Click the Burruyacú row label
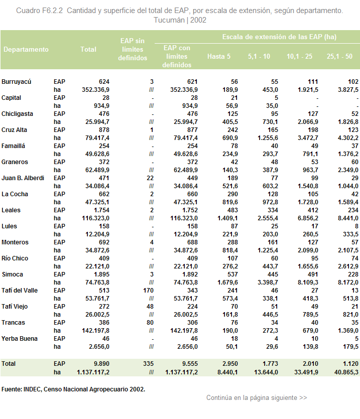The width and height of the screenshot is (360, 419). tap(16, 82)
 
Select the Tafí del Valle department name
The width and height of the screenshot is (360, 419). tap(20, 291)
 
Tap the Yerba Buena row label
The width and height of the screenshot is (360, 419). tap(20, 339)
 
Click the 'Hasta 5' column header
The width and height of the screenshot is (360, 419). tap(219, 56)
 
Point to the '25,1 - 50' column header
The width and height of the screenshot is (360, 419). tap(339, 56)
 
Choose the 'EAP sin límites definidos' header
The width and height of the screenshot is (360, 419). tap(133, 49)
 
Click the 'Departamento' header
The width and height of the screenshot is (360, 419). tap(26, 50)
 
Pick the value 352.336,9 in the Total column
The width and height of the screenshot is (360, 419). tap(95, 90)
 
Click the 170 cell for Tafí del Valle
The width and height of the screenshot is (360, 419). tap(148, 291)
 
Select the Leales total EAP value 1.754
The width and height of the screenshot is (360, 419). tap(101, 210)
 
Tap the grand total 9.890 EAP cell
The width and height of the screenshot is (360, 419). tap(101, 364)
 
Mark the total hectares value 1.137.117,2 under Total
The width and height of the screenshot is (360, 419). tap(93, 372)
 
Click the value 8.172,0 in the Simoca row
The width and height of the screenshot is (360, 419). tap(348, 283)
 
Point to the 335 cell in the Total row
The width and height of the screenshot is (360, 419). tap(148, 364)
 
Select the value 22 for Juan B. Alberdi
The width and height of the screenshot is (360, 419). tap(150, 178)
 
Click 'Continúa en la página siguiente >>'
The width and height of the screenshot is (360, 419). tap(257, 398)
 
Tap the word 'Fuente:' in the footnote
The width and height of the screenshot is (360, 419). tap(12, 389)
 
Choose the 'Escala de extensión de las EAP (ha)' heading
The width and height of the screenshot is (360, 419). tap(279, 37)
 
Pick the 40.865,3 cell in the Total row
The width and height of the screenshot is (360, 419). tap(346, 372)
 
